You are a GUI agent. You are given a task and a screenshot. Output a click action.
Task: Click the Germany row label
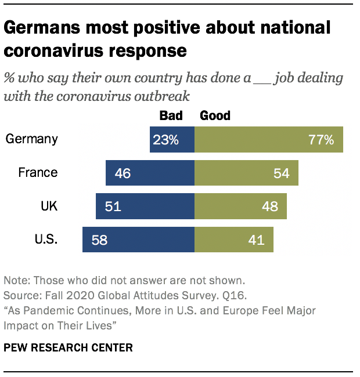(x=31, y=139)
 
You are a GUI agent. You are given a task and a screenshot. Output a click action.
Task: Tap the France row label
(x=38, y=172)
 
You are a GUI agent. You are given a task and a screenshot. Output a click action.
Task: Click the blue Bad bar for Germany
(x=172, y=140)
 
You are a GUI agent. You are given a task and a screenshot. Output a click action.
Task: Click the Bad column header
(x=171, y=115)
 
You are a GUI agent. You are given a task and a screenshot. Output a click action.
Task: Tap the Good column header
(x=215, y=115)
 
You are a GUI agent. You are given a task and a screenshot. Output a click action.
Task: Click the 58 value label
(x=99, y=239)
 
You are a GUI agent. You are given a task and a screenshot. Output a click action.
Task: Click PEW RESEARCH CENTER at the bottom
(x=68, y=348)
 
